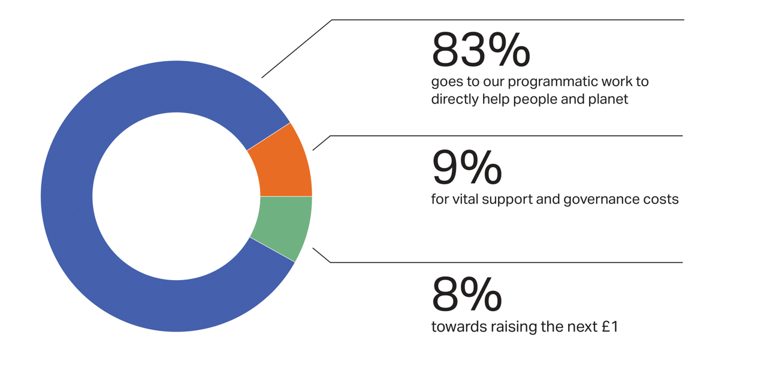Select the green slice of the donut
pyautogui.click(x=285, y=224)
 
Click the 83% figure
pyautogui.click(x=481, y=50)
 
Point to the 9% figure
pyautogui.click(x=467, y=167)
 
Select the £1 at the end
pyautogui.click(x=610, y=327)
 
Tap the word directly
pyautogui.click(x=455, y=99)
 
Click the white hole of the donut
pyautogui.click(x=176, y=196)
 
